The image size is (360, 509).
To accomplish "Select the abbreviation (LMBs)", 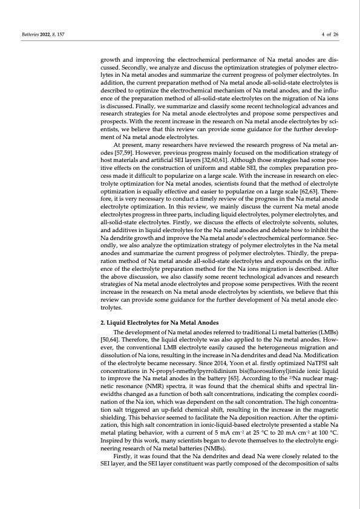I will pos(326,333).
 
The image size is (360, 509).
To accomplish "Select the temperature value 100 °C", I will pos(326,438).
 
